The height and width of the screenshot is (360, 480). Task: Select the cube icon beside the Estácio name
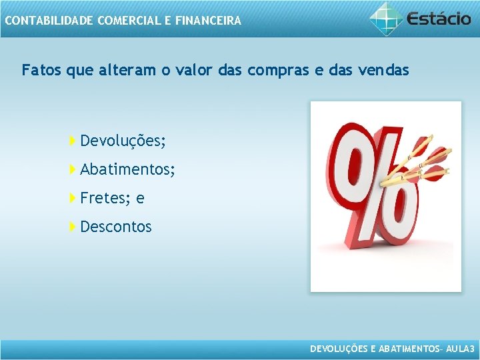tap(386, 18)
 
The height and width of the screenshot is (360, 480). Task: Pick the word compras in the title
tap(273, 70)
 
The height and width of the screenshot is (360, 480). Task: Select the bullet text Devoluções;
tap(123, 141)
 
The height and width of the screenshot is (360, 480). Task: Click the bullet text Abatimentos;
tap(127, 170)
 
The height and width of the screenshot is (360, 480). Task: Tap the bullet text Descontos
tap(116, 227)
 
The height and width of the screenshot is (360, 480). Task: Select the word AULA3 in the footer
tap(460, 349)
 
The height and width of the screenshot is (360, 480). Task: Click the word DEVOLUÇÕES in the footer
tap(339, 349)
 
